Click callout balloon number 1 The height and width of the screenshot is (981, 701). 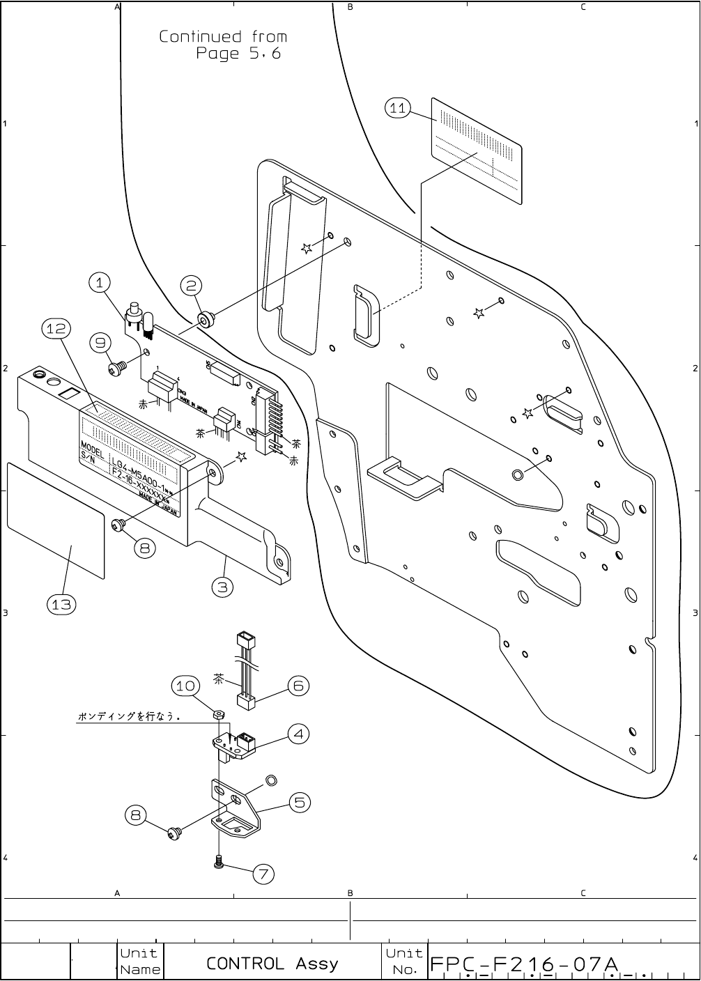click(100, 283)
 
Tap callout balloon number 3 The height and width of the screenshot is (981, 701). click(222, 587)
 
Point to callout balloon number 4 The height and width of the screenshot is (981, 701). click(298, 734)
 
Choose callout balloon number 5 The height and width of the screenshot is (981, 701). click(299, 803)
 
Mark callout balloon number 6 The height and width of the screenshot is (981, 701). click(298, 686)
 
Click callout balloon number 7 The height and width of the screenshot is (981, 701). click(263, 874)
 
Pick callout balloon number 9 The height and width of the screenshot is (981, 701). click(102, 343)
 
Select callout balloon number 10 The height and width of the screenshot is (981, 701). click(184, 686)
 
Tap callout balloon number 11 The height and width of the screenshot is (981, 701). click(398, 108)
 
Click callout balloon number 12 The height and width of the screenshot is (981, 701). click(56, 328)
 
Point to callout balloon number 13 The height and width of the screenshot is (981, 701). click(61, 604)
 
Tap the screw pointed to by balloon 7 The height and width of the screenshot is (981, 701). click(219, 862)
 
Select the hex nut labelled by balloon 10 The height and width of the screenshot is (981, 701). click(217, 714)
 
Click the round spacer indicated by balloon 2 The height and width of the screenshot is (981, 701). click(206, 320)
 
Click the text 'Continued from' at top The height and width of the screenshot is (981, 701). click(222, 37)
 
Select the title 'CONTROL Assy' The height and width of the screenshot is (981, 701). click(272, 964)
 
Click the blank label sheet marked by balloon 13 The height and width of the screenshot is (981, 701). click(56, 519)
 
